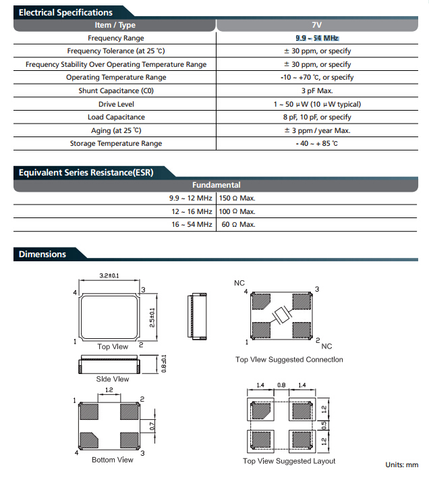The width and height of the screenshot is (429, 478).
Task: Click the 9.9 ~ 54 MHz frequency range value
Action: click(317, 38)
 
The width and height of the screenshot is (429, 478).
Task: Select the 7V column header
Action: click(316, 25)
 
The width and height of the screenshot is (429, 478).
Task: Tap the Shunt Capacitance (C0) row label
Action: click(116, 91)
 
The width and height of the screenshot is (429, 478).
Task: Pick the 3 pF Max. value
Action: click(317, 91)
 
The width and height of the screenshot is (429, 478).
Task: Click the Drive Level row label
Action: click(116, 104)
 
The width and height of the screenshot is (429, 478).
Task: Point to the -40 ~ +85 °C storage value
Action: click(316, 144)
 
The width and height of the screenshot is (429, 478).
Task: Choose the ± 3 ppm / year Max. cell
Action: click(317, 130)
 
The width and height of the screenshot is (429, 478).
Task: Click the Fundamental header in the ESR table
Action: click(216, 185)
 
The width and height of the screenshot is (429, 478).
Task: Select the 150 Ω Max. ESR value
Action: click(237, 198)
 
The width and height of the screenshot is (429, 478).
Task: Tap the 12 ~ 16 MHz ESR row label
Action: click(192, 211)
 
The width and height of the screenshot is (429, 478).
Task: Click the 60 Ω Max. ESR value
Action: click(238, 225)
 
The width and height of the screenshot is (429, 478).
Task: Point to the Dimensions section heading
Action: click(42, 255)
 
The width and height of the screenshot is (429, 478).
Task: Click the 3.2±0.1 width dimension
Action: click(109, 276)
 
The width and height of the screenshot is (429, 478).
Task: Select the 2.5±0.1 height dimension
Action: click(152, 317)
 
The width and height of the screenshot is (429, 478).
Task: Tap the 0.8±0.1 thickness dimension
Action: click(164, 364)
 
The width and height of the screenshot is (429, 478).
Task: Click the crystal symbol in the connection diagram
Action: click(282, 315)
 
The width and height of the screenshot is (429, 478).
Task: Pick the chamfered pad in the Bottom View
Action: click(88, 440)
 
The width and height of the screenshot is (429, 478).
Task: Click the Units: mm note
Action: click(401, 465)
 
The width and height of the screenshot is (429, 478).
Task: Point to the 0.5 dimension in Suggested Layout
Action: click(324, 425)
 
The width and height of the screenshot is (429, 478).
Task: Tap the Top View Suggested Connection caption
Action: click(289, 360)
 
